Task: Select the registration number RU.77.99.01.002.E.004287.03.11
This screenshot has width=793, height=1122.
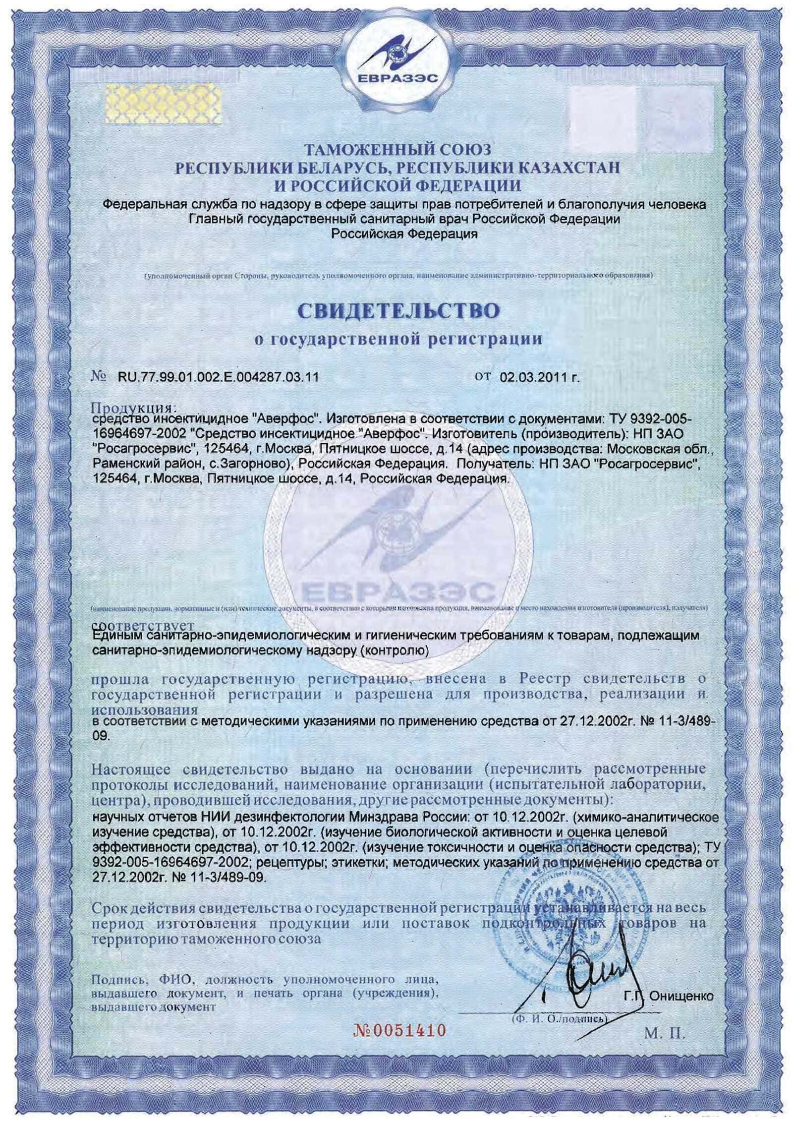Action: pyautogui.click(x=218, y=377)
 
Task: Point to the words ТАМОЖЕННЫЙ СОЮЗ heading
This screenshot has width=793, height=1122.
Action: pyautogui.click(x=397, y=149)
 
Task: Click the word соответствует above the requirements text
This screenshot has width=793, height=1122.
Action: pyautogui.click(x=143, y=626)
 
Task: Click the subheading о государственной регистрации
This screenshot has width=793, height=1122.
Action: pyautogui.click(x=397, y=340)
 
